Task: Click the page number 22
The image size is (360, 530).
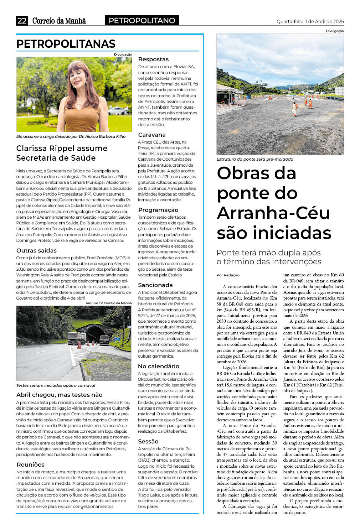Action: click(x=22, y=21)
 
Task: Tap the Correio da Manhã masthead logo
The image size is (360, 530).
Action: click(x=59, y=21)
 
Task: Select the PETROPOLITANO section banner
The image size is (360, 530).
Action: click(x=142, y=21)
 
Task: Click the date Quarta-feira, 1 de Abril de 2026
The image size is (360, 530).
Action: click(x=310, y=21)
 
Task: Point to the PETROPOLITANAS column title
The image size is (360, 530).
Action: click(x=66, y=44)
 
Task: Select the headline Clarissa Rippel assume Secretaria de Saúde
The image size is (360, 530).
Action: click(x=62, y=153)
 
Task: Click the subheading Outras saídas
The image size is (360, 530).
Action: click(x=36, y=250)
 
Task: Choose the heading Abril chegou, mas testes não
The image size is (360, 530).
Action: click(x=59, y=395)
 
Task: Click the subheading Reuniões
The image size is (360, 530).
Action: click(x=30, y=464)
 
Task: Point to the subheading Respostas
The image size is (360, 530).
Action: click(x=153, y=59)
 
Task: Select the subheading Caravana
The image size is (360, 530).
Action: click(x=152, y=135)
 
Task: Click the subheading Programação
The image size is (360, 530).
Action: click(x=158, y=210)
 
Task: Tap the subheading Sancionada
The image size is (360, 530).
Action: click(x=155, y=285)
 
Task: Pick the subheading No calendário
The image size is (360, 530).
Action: click(x=159, y=366)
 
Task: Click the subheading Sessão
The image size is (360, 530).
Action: click(x=148, y=441)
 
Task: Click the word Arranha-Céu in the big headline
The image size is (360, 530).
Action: click(x=273, y=213)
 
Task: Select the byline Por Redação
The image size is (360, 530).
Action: click(x=228, y=275)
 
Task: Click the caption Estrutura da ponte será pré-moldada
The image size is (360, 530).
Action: click(x=255, y=159)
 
